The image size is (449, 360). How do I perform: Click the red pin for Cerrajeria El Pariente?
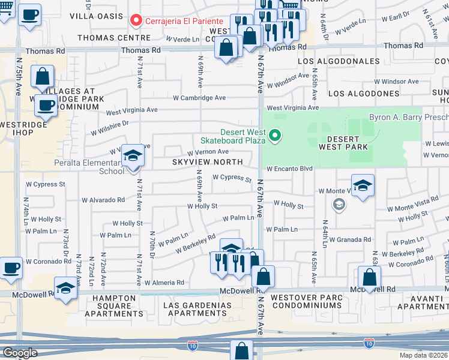(x=136, y=21)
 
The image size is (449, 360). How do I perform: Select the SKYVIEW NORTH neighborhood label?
(x=207, y=162)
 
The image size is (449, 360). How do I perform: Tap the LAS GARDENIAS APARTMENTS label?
(x=197, y=309)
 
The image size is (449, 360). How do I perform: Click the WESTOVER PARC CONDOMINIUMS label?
(x=306, y=301)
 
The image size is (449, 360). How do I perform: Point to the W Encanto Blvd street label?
(x=291, y=169)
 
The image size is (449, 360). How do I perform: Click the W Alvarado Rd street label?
(x=103, y=200)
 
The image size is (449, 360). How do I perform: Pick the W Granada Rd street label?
(x=349, y=239)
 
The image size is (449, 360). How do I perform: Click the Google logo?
(x=19, y=352)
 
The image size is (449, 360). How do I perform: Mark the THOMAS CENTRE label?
(x=114, y=37)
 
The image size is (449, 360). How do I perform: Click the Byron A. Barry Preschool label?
(x=408, y=118)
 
